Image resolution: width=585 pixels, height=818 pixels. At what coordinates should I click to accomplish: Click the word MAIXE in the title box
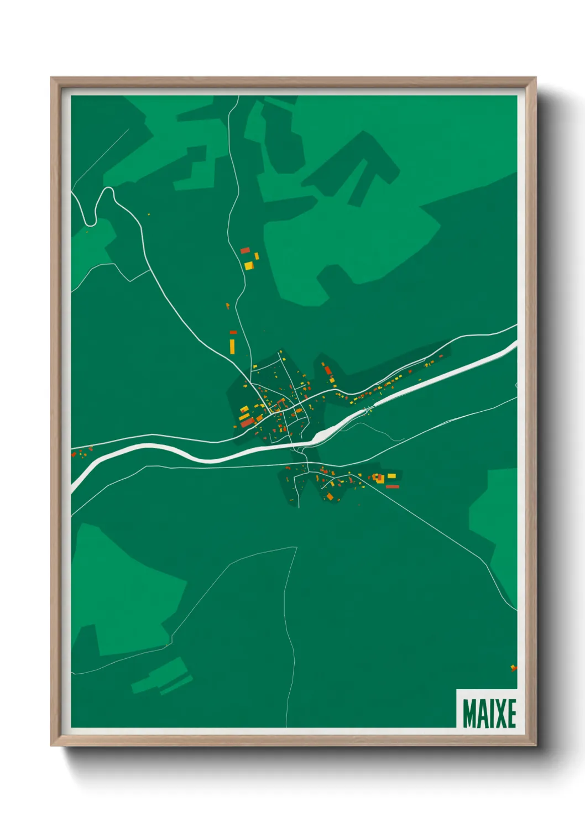pyautogui.click(x=489, y=714)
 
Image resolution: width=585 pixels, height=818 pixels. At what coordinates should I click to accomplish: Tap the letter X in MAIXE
pyautogui.click(x=498, y=714)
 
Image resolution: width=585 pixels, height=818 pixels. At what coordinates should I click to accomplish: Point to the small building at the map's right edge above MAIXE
pyautogui.click(x=513, y=668)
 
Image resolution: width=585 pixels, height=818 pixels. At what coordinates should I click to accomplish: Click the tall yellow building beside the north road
pyautogui.click(x=232, y=347)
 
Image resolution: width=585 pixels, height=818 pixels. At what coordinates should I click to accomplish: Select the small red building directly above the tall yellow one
pyautogui.click(x=233, y=332)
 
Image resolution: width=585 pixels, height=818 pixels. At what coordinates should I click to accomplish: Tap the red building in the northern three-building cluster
pyautogui.click(x=245, y=250)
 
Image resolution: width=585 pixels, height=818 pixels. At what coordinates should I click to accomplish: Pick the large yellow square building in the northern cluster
pyautogui.click(x=249, y=266)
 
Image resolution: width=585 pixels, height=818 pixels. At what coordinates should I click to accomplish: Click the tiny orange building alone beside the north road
pyautogui.click(x=227, y=305)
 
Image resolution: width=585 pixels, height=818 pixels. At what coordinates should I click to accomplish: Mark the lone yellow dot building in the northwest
pyautogui.click(x=148, y=214)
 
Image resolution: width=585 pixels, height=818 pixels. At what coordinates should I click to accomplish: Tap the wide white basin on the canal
pyautogui.click(x=321, y=436)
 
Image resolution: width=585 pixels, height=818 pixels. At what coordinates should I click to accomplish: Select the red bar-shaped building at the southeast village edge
pyautogui.click(x=392, y=487)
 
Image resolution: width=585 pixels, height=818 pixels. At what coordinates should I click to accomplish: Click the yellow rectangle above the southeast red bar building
pyautogui.click(x=391, y=476)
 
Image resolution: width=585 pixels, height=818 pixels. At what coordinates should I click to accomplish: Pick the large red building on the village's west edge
pyautogui.click(x=247, y=423)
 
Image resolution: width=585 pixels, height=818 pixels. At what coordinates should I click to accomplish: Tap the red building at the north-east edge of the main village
pyautogui.click(x=327, y=370)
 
